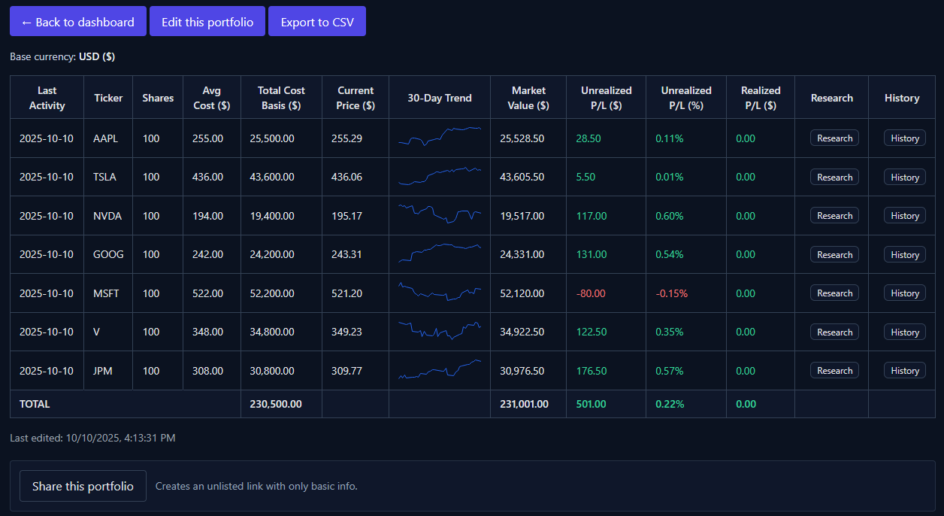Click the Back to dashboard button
[78, 22]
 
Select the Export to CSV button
[316, 22]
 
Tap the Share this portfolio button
[83, 486]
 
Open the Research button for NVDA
[834, 216]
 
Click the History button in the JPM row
[904, 371]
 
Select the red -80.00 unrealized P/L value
[591, 293]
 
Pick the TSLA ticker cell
[106, 177]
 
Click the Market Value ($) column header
[528, 98]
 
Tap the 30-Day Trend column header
[440, 98]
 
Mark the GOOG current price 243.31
[346, 254]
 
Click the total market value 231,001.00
[524, 404]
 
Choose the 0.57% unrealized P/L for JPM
[670, 371]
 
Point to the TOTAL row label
[35, 404]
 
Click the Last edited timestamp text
[92, 437]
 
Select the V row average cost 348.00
[208, 332]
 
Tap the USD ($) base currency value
[97, 56]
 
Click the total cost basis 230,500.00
[276, 404]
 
